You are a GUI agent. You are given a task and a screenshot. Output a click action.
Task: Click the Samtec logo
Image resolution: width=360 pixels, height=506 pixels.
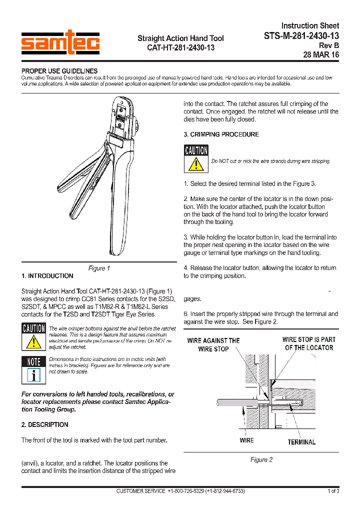click(60, 42)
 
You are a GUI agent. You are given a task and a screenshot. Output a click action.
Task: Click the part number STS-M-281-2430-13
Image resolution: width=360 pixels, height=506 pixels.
click(301, 35)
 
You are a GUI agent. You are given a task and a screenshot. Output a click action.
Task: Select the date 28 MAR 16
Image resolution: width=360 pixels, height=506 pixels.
click(320, 55)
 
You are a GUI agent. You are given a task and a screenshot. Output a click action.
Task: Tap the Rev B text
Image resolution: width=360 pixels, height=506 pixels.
click(329, 45)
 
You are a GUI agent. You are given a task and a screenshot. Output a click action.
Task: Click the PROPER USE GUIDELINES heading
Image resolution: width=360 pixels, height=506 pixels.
click(59, 71)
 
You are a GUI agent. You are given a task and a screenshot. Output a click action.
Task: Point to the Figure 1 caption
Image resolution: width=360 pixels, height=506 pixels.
click(99, 268)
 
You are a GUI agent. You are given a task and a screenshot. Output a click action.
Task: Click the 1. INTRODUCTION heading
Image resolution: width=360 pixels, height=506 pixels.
click(47, 276)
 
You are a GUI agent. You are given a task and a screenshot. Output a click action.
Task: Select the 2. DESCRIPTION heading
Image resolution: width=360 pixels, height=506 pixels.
click(45, 424)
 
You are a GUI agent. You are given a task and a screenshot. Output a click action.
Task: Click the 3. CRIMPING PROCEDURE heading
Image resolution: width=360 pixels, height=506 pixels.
click(221, 134)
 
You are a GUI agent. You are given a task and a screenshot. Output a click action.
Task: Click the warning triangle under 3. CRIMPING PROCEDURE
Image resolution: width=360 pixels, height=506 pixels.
click(196, 163)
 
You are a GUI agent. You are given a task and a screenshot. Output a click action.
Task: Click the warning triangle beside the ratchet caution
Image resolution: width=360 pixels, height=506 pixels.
click(33, 341)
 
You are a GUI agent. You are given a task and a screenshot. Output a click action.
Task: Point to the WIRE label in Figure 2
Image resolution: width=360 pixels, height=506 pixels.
click(246, 440)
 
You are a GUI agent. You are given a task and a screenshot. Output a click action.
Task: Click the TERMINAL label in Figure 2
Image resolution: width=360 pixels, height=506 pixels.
click(301, 442)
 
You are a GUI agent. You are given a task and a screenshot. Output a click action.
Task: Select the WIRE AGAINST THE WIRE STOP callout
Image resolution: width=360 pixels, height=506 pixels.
click(213, 344)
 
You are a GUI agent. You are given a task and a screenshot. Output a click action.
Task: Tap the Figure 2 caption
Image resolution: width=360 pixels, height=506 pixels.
click(261, 459)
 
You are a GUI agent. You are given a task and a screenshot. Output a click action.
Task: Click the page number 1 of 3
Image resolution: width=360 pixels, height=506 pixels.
click(333, 491)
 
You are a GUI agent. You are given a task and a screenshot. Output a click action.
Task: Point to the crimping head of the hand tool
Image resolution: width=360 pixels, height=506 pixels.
click(122, 118)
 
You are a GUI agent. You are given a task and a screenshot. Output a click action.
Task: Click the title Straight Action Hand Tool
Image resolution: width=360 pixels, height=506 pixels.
click(180, 38)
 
